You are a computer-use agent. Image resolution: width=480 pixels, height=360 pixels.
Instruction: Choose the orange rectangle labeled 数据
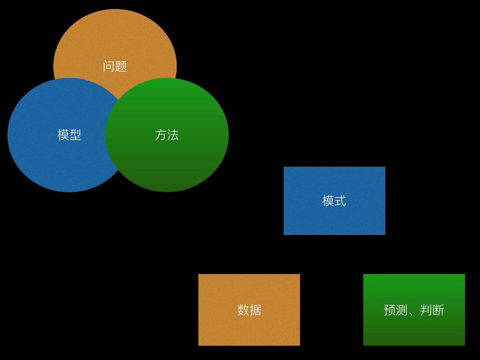point(249,327)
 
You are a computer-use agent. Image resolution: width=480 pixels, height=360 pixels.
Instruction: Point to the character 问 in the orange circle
point(109,66)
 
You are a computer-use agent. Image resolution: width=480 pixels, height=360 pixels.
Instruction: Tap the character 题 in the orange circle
point(121,66)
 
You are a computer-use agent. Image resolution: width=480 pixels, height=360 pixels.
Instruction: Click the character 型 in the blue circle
point(75,135)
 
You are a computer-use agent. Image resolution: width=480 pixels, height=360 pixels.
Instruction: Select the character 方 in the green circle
point(161,135)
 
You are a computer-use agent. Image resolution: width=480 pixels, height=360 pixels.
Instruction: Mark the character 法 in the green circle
point(173,135)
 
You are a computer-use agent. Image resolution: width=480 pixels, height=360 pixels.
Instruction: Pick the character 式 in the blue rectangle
point(340,201)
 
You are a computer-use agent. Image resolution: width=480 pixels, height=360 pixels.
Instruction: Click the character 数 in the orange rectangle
point(243,310)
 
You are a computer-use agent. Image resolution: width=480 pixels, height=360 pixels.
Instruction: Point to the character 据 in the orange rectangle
point(255,310)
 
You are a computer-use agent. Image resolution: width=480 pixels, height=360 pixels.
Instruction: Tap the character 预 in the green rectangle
point(390,310)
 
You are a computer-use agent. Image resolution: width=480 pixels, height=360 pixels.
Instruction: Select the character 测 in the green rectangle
point(402,310)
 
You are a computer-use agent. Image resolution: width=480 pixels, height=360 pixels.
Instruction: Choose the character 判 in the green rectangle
point(426,310)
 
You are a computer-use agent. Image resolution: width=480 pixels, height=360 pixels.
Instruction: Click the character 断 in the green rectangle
point(438,310)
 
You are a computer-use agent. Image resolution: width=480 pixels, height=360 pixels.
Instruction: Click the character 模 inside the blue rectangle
point(328,201)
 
